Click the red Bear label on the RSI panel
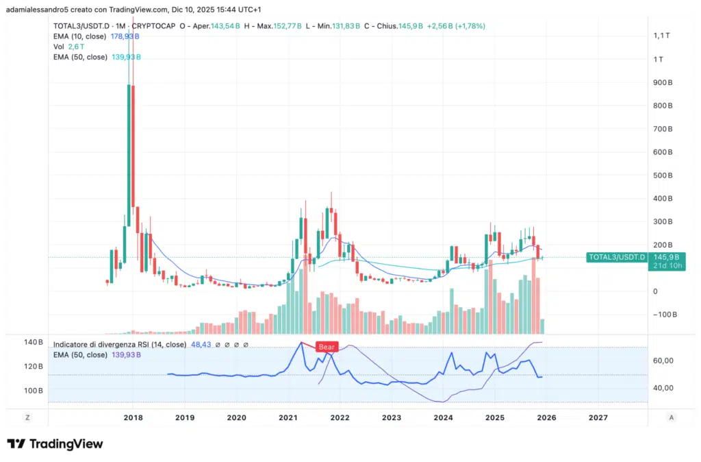[x=327, y=348]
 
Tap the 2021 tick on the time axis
[x=288, y=417]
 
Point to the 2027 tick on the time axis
[x=598, y=417]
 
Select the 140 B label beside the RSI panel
[x=34, y=342]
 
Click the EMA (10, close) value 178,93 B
[x=125, y=36]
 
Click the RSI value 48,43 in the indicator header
[x=201, y=345]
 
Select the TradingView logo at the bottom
[x=55, y=444]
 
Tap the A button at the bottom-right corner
[x=672, y=417]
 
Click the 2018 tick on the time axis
[x=133, y=417]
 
